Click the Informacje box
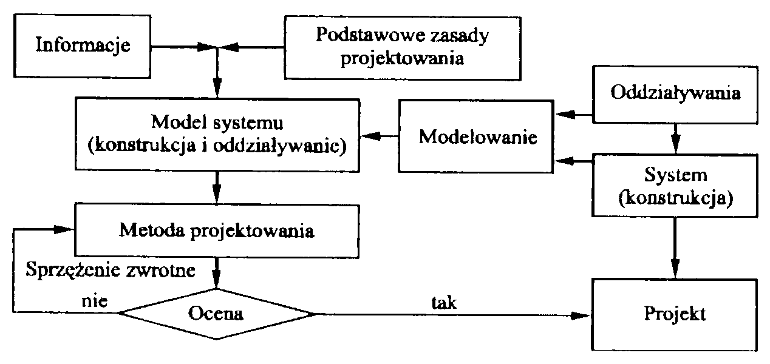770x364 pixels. click(83, 45)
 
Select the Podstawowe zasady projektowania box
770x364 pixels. click(403, 46)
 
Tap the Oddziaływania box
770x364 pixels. click(676, 95)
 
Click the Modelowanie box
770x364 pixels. click(478, 136)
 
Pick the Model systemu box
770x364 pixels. click(218, 135)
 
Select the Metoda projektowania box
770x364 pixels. click(217, 231)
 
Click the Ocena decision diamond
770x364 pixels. click(217, 314)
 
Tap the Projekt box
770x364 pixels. click(676, 315)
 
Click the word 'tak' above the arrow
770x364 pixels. click(444, 302)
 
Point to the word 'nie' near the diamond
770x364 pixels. click(94, 302)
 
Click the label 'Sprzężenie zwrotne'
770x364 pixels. click(111, 270)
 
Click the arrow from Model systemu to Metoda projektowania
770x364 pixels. click(217, 189)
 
